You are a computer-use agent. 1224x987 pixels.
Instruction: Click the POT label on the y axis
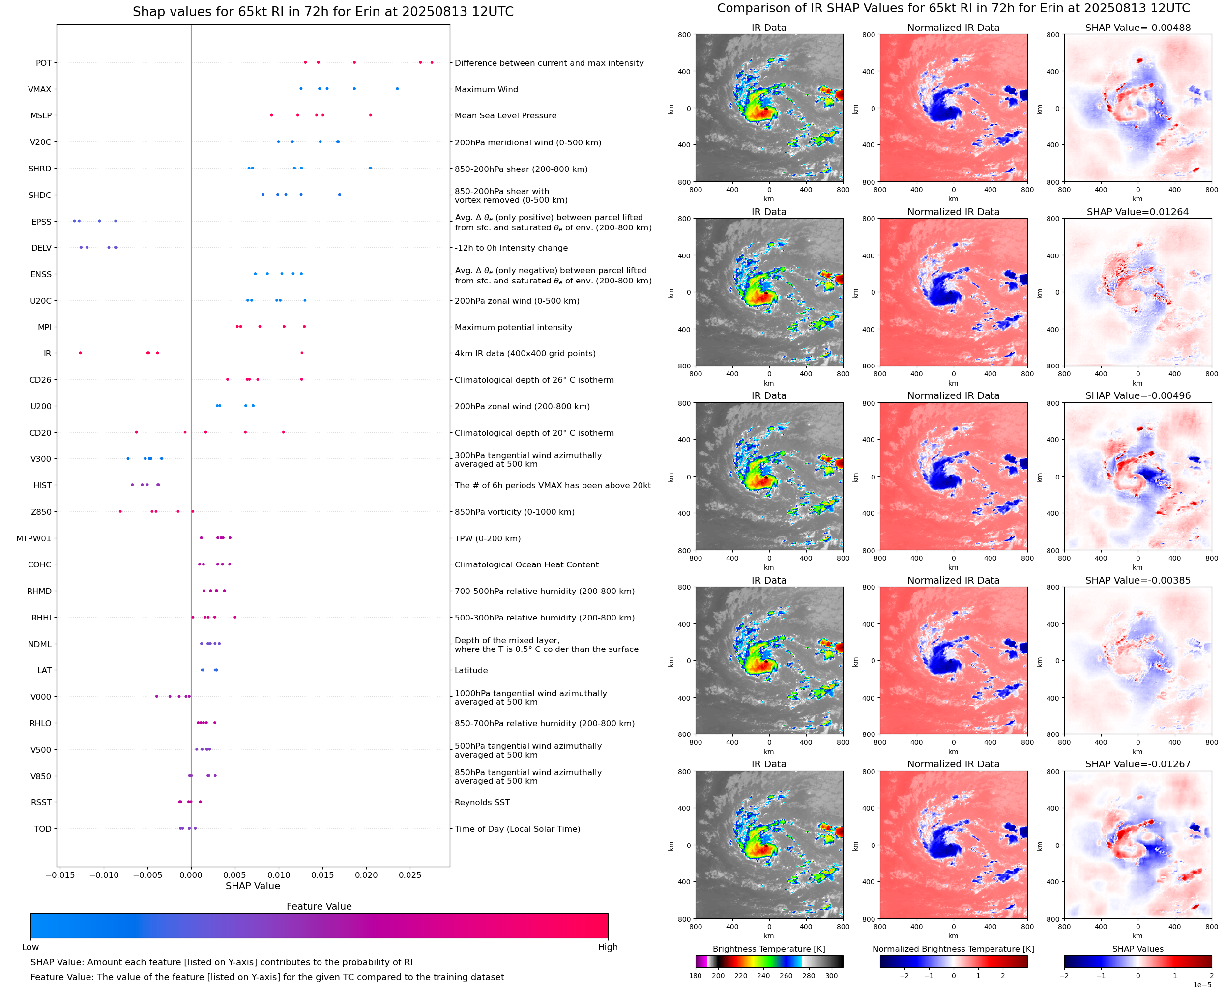click(x=43, y=63)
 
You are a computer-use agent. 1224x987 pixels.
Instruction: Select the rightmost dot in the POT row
click(x=432, y=62)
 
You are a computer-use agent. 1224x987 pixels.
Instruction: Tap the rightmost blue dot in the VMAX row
click(x=397, y=89)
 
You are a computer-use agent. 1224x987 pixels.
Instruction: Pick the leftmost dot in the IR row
click(x=80, y=353)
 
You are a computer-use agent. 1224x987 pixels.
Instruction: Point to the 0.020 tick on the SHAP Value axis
click(x=366, y=875)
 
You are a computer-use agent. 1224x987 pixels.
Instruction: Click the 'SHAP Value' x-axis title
click(x=253, y=886)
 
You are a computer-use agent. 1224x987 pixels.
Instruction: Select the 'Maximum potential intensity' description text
click(x=513, y=328)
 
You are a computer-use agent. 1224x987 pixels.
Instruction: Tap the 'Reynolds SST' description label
click(x=482, y=802)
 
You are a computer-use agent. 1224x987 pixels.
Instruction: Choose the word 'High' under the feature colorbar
click(x=608, y=947)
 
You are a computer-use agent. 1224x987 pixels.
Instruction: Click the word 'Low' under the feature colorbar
click(x=30, y=947)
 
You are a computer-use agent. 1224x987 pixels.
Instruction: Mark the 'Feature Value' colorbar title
click(x=319, y=906)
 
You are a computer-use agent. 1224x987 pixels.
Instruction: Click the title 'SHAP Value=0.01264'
click(x=1137, y=212)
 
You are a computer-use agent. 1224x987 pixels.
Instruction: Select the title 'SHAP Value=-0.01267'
click(x=1137, y=764)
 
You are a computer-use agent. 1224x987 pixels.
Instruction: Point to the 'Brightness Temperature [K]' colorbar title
click(x=768, y=949)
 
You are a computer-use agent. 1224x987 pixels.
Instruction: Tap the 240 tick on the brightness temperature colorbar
click(x=763, y=976)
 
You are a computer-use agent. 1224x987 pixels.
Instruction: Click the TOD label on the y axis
click(x=42, y=829)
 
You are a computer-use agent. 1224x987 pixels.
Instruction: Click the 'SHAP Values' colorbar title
click(x=1137, y=949)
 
